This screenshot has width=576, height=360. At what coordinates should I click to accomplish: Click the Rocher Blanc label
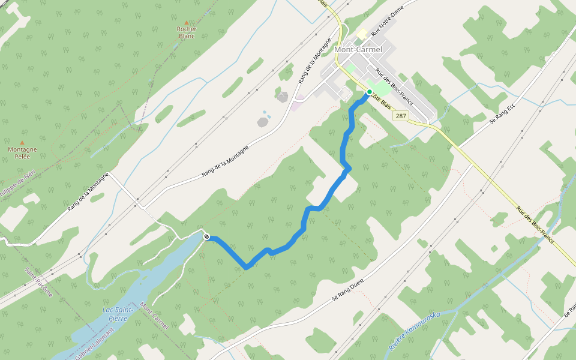187,32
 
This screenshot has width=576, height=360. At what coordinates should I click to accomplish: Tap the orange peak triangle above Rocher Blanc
187,22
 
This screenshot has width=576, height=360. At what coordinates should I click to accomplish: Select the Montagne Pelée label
22,153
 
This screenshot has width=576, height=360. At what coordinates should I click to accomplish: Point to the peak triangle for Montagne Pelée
22,142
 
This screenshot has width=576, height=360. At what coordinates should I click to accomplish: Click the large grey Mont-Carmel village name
358,49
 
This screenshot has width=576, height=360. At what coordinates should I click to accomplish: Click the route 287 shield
401,116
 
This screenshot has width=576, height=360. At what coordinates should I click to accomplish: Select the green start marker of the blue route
370,92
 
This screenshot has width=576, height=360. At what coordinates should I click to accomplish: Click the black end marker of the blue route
206,237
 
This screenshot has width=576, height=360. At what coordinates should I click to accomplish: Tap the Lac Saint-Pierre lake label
115,314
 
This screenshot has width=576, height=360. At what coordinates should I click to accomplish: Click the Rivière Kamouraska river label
415,331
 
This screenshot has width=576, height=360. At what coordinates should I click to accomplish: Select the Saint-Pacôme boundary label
38,283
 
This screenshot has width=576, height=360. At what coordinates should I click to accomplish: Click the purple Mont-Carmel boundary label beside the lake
154,316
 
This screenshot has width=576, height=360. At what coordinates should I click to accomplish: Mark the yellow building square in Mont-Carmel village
362,34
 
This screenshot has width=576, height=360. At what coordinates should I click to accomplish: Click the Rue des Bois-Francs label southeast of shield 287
535,224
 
